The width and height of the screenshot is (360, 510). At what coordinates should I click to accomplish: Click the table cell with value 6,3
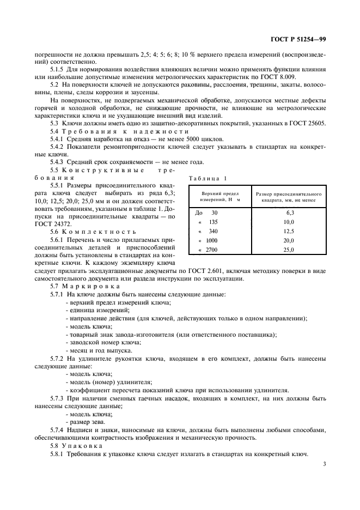pyautogui.click(x=289, y=213)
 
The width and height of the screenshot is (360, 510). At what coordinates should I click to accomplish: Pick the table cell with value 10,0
pyautogui.click(x=289, y=222)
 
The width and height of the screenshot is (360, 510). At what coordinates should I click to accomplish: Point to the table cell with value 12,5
pyautogui.click(x=289, y=232)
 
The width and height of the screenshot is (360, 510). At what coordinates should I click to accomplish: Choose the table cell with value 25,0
pyautogui.click(x=289, y=250)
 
